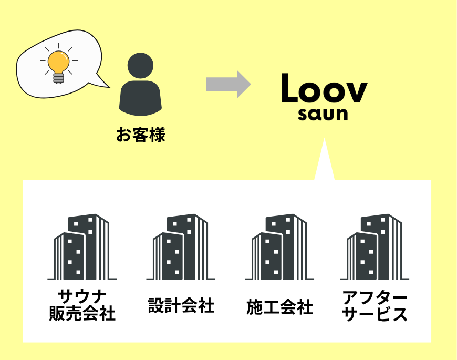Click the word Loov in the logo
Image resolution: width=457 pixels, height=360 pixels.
(323, 90)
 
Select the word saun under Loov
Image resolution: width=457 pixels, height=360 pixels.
(323, 115)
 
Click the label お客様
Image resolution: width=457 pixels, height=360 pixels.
(140, 136)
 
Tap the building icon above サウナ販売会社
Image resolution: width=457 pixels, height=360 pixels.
(82, 247)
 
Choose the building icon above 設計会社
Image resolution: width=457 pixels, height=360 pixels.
(181, 247)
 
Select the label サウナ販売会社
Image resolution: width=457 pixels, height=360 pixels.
(82, 305)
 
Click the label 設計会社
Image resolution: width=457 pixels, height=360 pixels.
(181, 305)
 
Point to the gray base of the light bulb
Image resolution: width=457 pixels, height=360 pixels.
(58, 78)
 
